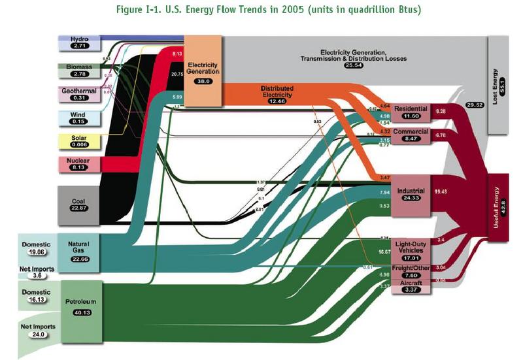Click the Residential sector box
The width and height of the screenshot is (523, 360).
tap(411, 112)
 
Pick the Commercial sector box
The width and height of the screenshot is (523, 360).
tap(411, 135)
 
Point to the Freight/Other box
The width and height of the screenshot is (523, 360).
tap(411, 272)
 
